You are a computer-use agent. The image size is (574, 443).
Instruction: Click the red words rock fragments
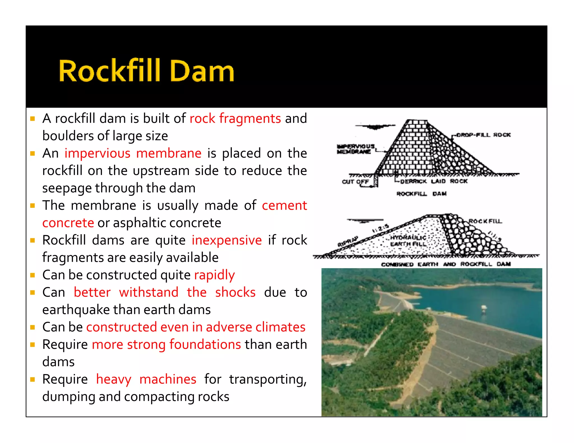235,118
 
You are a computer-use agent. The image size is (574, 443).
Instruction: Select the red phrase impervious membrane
133,153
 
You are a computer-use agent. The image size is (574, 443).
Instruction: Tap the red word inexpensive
226,240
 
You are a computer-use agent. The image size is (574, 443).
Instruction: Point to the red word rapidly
214,275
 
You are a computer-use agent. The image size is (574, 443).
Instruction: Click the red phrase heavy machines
146,379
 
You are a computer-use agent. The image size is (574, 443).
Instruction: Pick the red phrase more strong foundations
166,344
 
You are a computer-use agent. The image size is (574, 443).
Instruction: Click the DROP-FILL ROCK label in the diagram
483,135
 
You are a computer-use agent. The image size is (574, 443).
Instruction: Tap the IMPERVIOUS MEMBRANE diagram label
355,149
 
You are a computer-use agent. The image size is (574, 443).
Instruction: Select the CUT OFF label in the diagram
355,181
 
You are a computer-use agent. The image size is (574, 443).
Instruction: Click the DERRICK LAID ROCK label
434,181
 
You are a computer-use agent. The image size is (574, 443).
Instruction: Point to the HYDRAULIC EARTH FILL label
408,241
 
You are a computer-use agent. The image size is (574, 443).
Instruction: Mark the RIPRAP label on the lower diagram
348,241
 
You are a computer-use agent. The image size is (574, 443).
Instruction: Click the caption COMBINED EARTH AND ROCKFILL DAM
446,264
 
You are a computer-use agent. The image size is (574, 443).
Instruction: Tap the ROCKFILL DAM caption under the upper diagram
421,193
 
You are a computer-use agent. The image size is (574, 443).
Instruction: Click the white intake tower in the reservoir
484,309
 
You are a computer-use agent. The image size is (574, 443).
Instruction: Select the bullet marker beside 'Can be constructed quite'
33,275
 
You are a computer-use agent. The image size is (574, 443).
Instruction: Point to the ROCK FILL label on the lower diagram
485,221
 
